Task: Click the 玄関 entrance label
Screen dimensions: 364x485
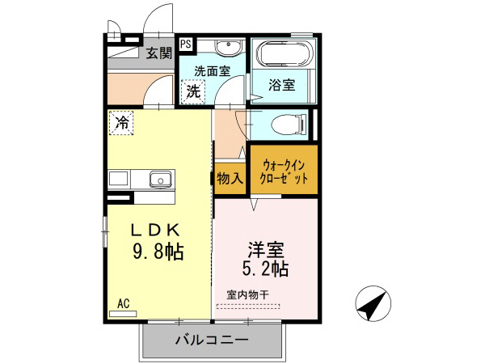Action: (158, 54)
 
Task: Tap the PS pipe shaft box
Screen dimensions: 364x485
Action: (186, 44)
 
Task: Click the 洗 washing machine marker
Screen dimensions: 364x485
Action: (193, 91)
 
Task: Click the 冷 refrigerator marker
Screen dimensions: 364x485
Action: (122, 123)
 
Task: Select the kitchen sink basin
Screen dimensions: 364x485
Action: (159, 178)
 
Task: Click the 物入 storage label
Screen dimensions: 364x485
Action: (230, 178)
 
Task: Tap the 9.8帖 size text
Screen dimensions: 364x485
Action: (158, 252)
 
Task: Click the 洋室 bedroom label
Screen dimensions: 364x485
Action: (264, 246)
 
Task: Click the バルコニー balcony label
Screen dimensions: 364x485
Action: (212, 340)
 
